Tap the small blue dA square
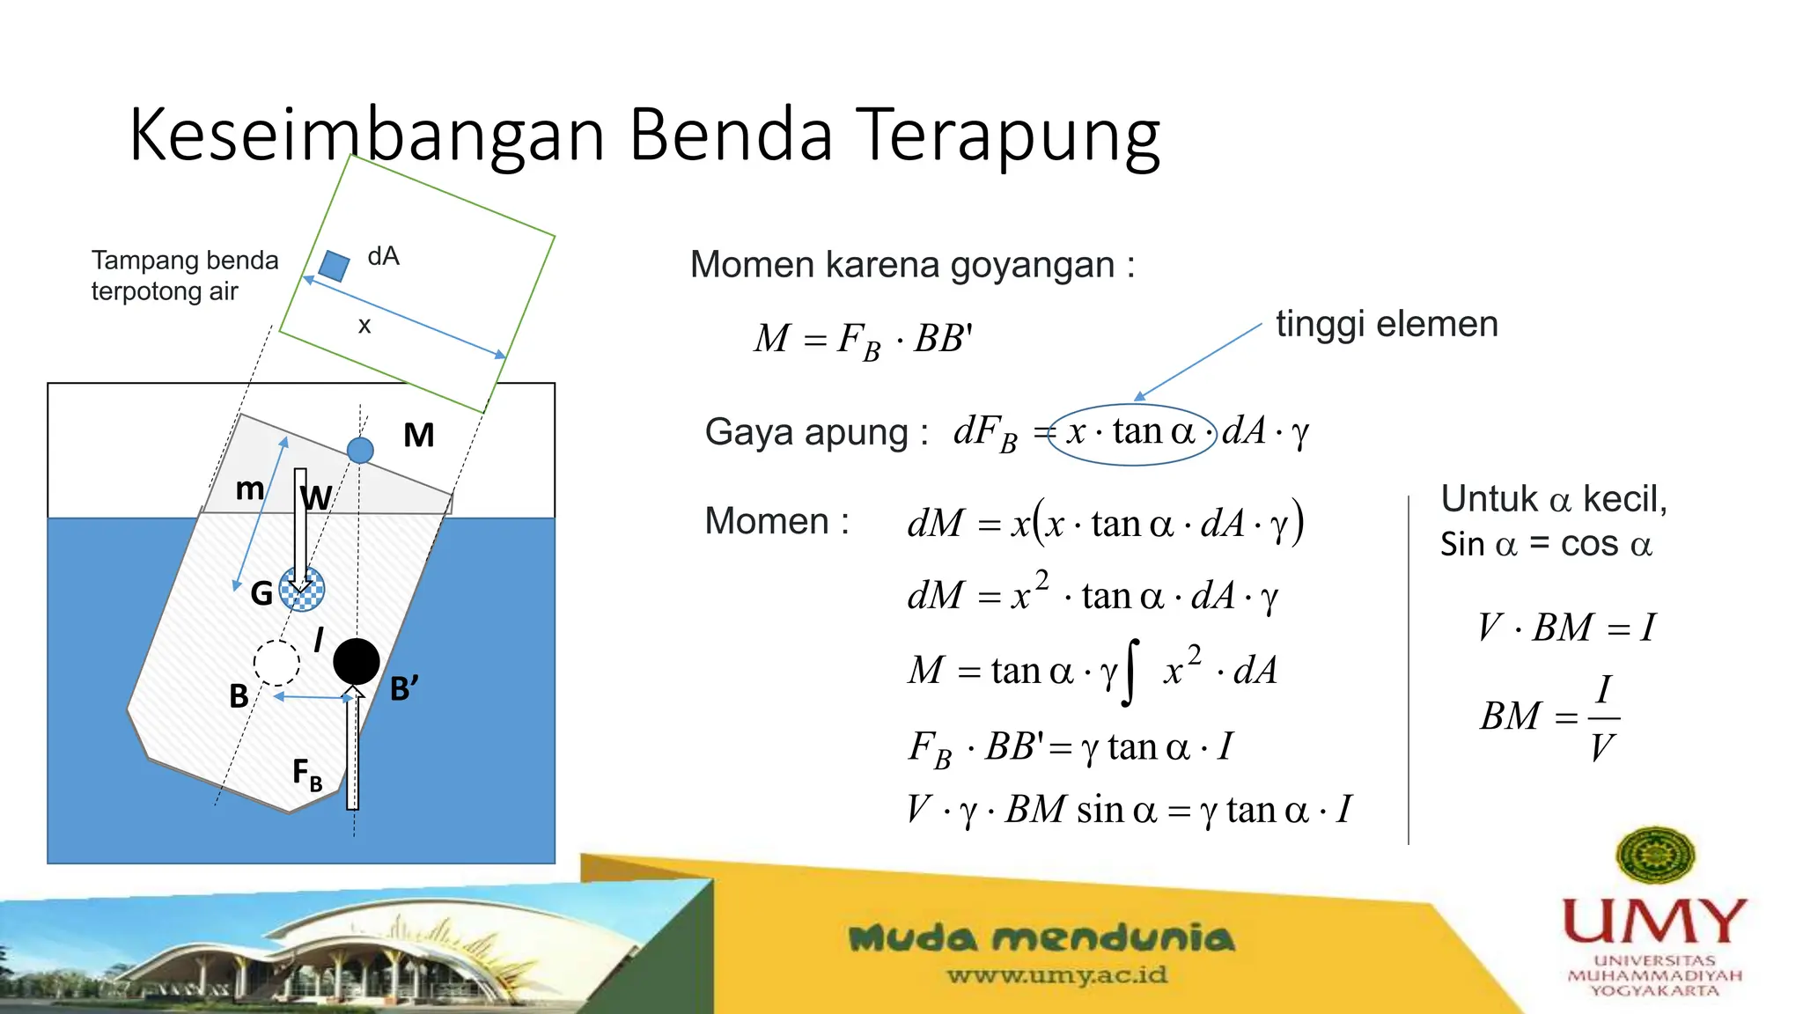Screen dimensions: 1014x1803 click(x=334, y=265)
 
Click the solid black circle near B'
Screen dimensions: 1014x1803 click(x=357, y=661)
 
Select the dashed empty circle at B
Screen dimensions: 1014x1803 click(x=276, y=663)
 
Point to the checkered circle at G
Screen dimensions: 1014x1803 click(x=302, y=589)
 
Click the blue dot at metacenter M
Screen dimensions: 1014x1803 click(x=360, y=450)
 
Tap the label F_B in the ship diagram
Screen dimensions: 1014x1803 click(x=307, y=775)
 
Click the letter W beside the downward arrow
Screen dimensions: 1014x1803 click(x=316, y=497)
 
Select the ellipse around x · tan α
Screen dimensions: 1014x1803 click(x=1132, y=434)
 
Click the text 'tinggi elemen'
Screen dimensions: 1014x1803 click(x=1387, y=324)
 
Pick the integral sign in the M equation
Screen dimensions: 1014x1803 click(x=1131, y=672)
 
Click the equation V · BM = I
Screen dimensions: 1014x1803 click(x=1566, y=628)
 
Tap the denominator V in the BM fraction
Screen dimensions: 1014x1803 click(x=1602, y=748)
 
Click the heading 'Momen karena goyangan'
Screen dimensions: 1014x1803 click(x=912, y=265)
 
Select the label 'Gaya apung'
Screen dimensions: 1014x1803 click(x=816, y=433)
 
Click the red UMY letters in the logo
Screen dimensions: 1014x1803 click(x=1654, y=921)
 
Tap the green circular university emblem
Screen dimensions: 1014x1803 click(x=1656, y=855)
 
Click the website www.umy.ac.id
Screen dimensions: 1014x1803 click(x=1056, y=975)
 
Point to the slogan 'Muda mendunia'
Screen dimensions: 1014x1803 click(x=1041, y=938)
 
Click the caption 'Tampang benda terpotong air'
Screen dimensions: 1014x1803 click(x=185, y=276)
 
